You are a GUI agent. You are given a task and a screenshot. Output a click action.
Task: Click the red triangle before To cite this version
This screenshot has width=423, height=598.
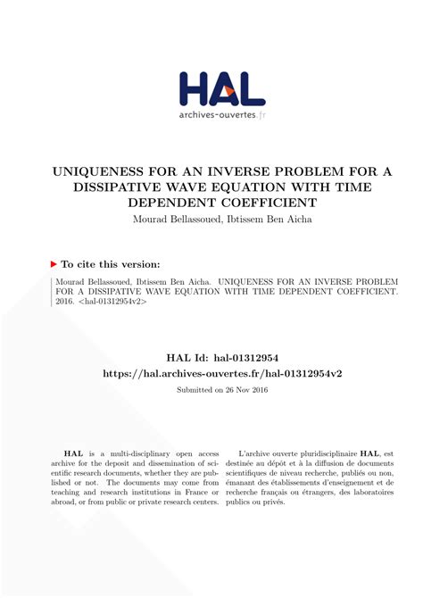(x=54, y=264)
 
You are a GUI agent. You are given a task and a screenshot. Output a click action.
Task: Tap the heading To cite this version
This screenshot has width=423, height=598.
(x=112, y=264)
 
